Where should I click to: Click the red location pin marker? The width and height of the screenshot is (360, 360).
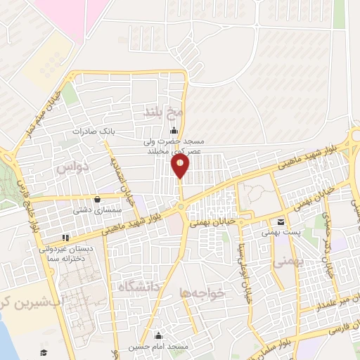point(180,166)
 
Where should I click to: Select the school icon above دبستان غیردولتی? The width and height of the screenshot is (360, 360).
point(66,238)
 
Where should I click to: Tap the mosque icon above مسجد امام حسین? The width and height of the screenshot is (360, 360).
point(158,335)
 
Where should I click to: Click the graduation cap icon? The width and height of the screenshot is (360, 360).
point(44,352)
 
